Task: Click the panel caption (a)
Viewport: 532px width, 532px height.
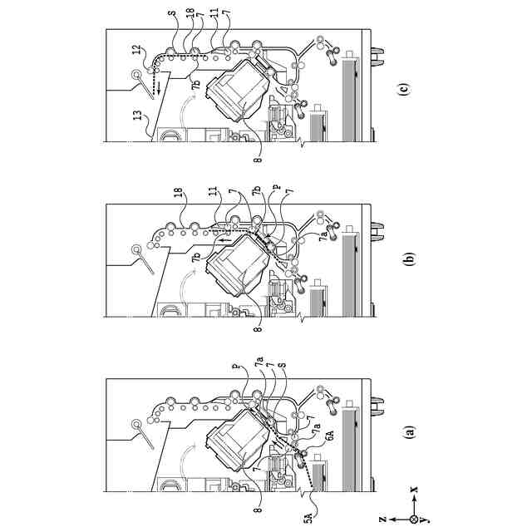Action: pos(407,432)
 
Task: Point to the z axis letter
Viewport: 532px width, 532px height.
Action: pos(381,517)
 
